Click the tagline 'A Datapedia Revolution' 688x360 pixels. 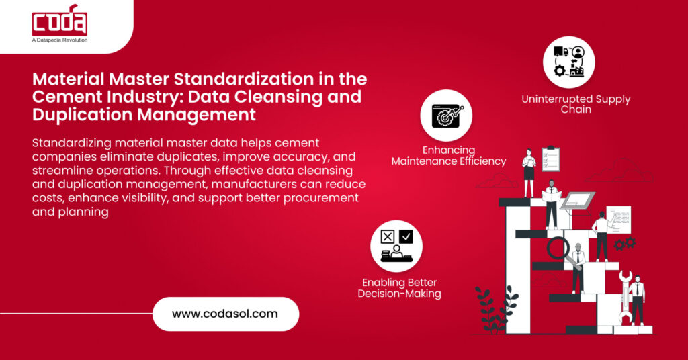60,40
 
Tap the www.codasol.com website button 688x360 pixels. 225,314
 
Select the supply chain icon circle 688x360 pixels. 568,62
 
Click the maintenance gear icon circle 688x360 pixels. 446,115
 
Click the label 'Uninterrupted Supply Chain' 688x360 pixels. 576,103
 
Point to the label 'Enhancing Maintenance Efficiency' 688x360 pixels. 449,155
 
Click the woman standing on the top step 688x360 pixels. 529,173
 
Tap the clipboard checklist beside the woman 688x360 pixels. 550,160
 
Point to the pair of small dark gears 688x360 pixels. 624,243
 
